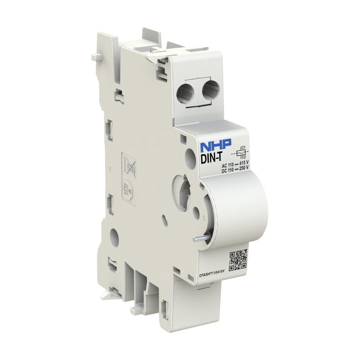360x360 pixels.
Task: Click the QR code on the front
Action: coord(238,260)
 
